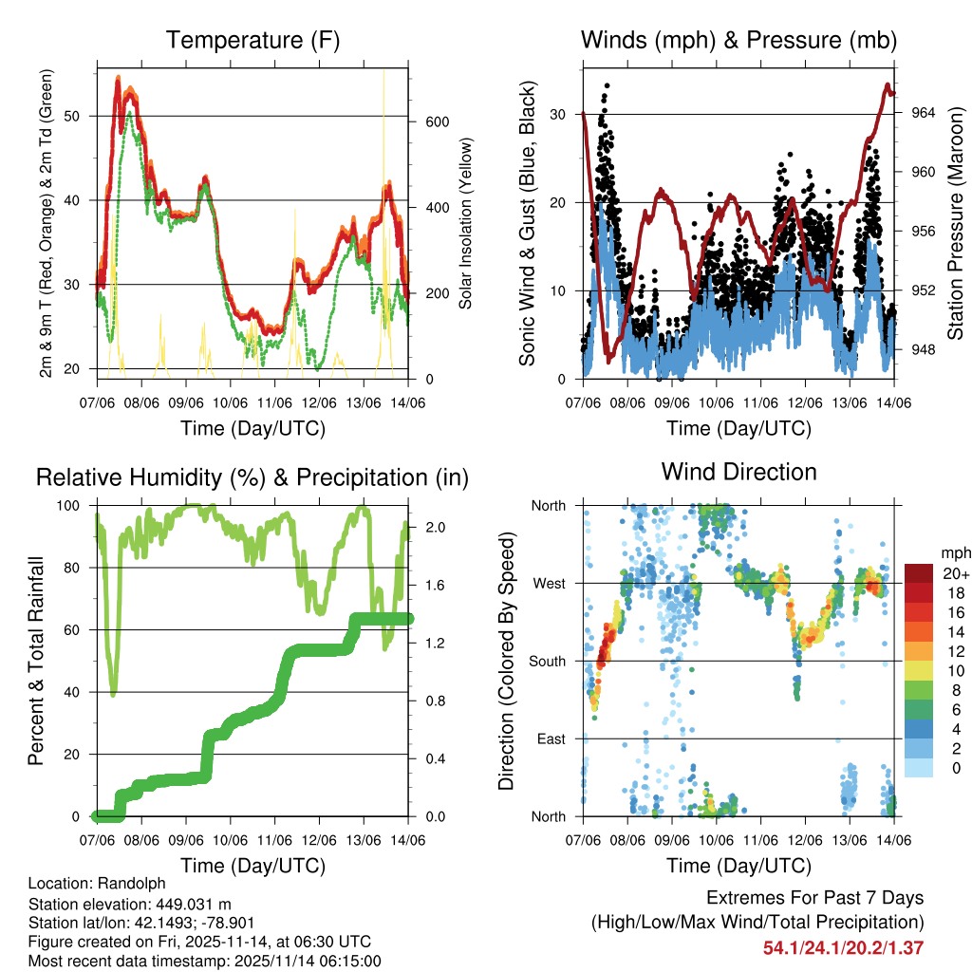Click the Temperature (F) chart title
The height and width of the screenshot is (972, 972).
pyautogui.click(x=252, y=41)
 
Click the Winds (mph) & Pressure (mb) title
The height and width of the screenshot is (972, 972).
pyautogui.click(x=738, y=41)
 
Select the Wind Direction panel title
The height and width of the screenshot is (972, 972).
pyautogui.click(x=738, y=472)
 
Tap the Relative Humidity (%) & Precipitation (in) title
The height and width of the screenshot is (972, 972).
pyautogui.click(x=252, y=477)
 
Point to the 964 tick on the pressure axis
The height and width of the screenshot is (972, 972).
pyautogui.click(x=924, y=113)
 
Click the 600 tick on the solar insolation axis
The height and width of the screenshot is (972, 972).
pyautogui.click(x=438, y=122)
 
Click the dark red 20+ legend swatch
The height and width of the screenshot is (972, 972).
pyautogui.click(x=921, y=573)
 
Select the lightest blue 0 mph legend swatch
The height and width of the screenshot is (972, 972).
pyautogui.click(x=921, y=768)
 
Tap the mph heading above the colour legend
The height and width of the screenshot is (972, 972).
pyautogui.click(x=954, y=552)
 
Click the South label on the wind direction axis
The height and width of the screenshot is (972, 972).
pyautogui.click(x=548, y=661)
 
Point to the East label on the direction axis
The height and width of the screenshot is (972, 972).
pyautogui.click(x=551, y=738)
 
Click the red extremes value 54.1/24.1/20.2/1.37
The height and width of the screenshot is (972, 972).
pyautogui.click(x=843, y=947)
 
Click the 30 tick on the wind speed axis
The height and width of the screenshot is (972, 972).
pyautogui.click(x=558, y=115)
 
